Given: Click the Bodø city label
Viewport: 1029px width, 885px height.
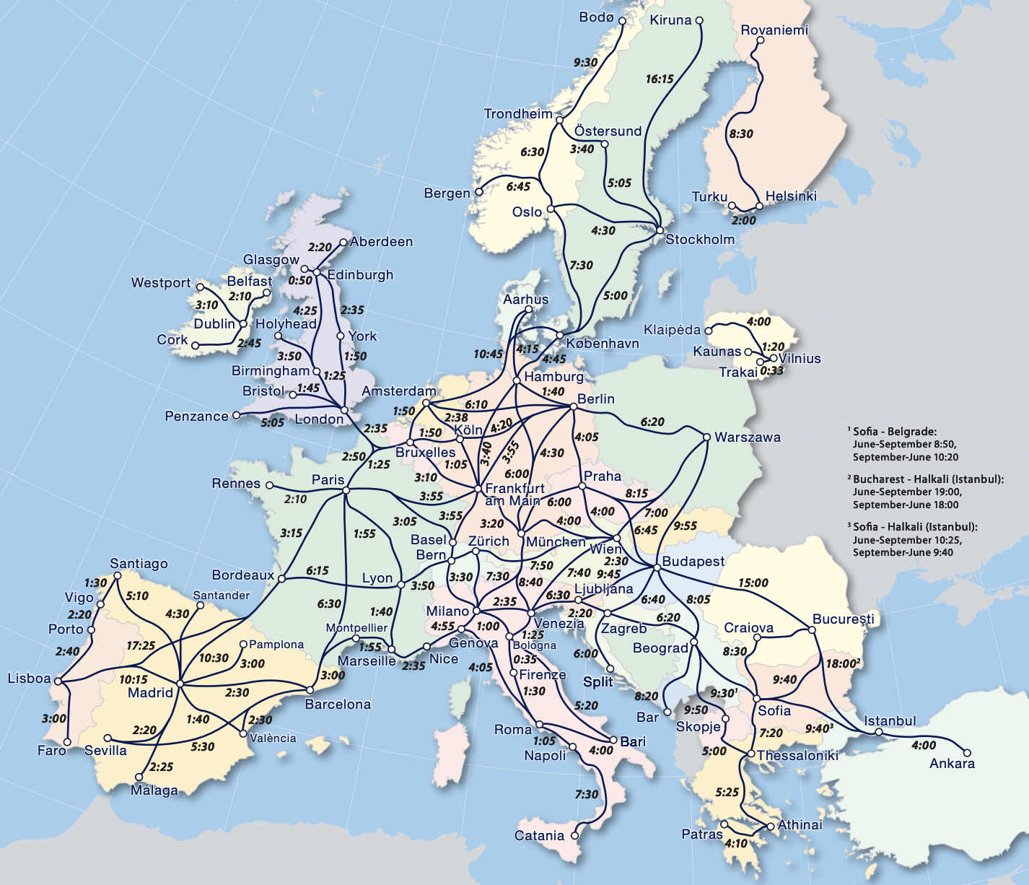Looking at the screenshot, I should coord(596,17).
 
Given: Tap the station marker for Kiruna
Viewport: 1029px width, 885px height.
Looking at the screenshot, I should coord(699,21).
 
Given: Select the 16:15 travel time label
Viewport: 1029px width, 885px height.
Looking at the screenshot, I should coord(660,79).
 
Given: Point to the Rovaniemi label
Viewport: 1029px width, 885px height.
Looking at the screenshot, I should coord(774,30).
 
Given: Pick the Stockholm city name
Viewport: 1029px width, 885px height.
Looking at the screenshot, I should coord(699,239).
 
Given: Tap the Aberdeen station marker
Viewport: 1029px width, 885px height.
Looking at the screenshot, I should coord(343,243).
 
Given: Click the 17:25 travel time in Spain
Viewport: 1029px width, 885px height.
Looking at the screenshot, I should coord(141,645).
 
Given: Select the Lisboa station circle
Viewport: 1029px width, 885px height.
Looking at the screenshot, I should coord(58,680).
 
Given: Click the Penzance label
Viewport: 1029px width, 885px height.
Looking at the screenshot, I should coord(196,416).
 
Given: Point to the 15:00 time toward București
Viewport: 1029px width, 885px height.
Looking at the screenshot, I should coord(753,583).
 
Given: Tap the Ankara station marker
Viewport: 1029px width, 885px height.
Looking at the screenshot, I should coord(968,752).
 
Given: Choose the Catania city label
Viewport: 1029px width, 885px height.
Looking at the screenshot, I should coord(539,836).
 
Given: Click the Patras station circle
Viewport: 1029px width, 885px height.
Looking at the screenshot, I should coord(724,824).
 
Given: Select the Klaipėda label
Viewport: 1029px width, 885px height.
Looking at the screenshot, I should coord(672,330).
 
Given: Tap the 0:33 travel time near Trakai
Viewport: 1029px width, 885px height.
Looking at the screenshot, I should coord(771,370).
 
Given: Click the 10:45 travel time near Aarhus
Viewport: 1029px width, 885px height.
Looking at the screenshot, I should coord(488,354).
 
